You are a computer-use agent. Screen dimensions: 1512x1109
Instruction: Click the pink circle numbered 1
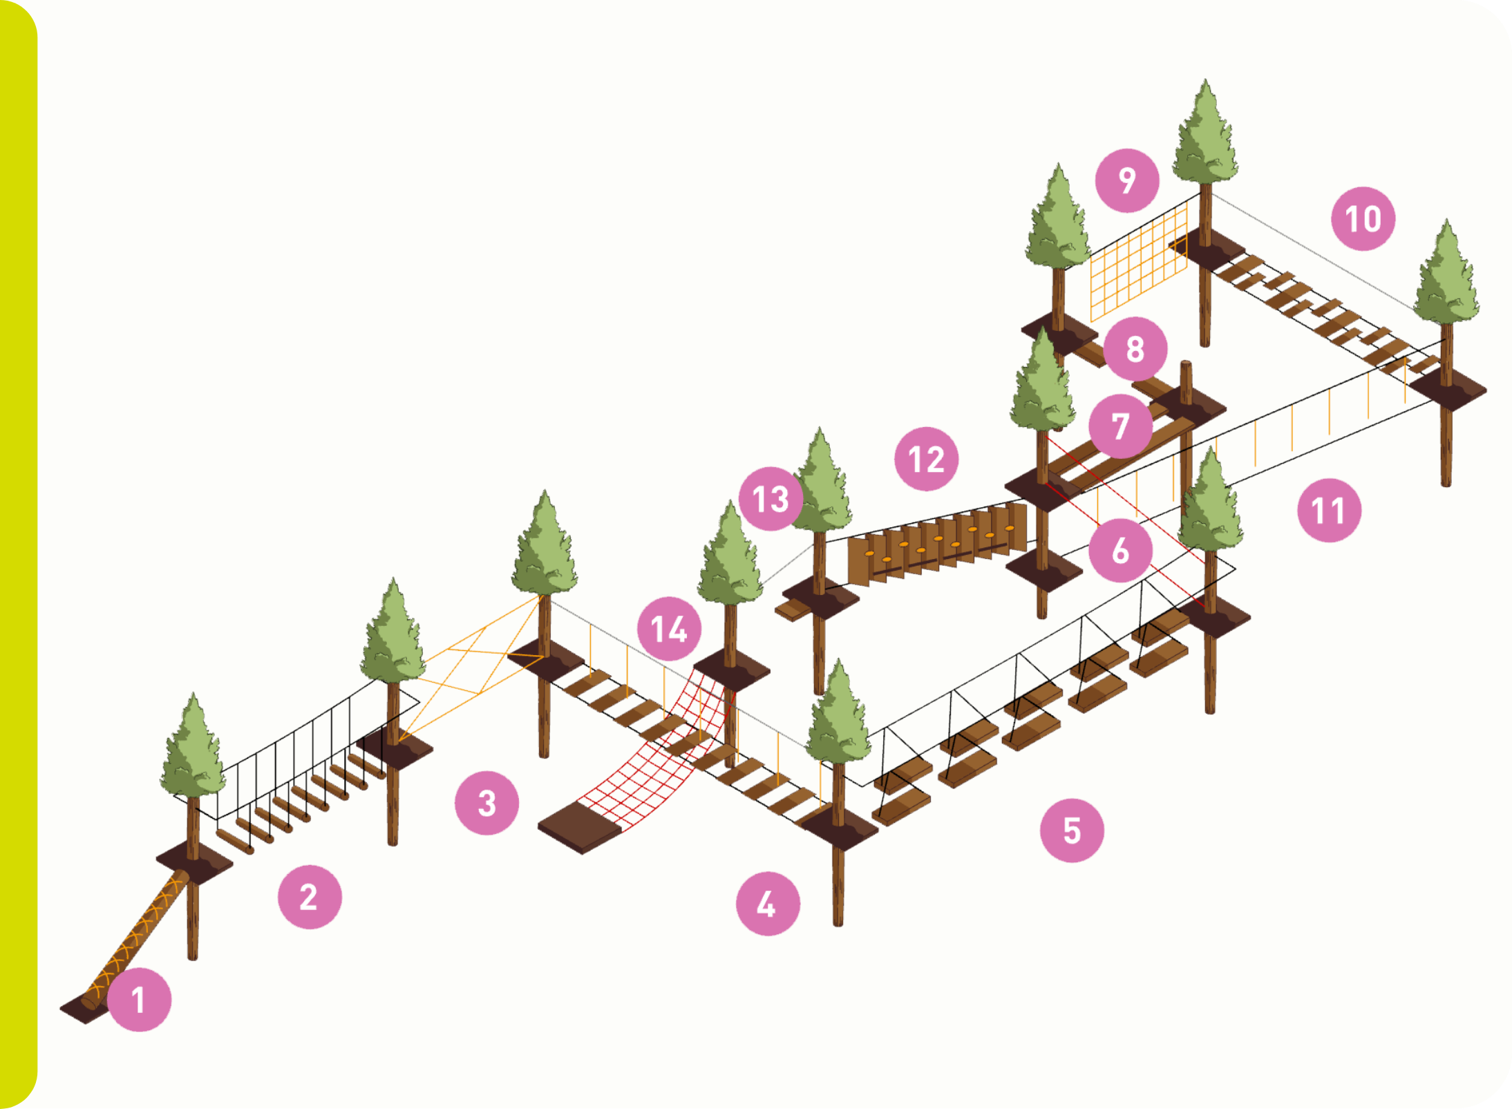pos(140,999)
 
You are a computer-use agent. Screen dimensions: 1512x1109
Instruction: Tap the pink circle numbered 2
pos(310,897)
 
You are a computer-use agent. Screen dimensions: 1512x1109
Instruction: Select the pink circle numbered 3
pos(486,803)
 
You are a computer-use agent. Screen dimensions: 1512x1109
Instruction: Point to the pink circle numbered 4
pos(768,903)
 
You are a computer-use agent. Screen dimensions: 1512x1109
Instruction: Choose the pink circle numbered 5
pos(1072,830)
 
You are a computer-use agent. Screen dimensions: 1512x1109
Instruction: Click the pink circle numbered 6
pos(1120,550)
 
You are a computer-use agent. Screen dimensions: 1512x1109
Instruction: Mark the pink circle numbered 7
pos(1120,426)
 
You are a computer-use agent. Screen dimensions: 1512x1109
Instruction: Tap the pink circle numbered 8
pos(1135,348)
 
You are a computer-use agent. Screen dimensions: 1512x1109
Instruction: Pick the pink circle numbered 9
pos(1127,180)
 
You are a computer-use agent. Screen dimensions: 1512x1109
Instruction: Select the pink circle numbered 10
pos(1363,218)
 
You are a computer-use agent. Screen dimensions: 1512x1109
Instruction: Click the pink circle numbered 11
pos(1329,510)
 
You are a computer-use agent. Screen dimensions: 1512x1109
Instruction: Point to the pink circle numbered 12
pos(926,459)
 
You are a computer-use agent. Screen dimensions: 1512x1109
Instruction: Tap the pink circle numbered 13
pos(771,498)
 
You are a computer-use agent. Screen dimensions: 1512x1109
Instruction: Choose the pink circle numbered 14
pos(669,629)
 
